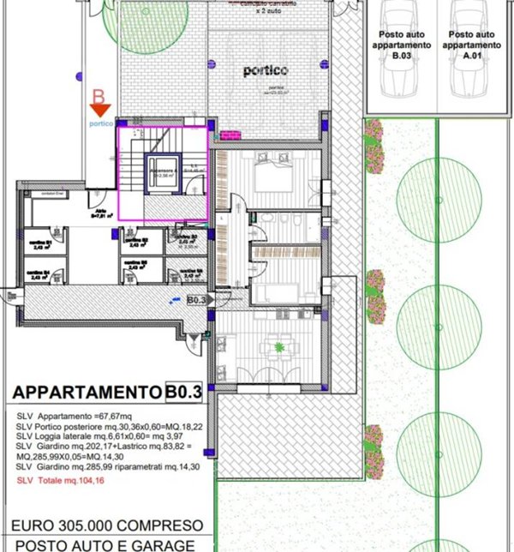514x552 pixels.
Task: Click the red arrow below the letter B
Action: [x=101, y=109]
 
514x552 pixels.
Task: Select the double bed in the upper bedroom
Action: [x=277, y=178]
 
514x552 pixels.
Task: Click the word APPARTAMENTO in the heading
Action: [x=87, y=392]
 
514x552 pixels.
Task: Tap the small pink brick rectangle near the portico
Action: [x=229, y=135]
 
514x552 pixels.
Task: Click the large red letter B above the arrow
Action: [x=99, y=91]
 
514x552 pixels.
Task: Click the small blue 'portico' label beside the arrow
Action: [x=101, y=123]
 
